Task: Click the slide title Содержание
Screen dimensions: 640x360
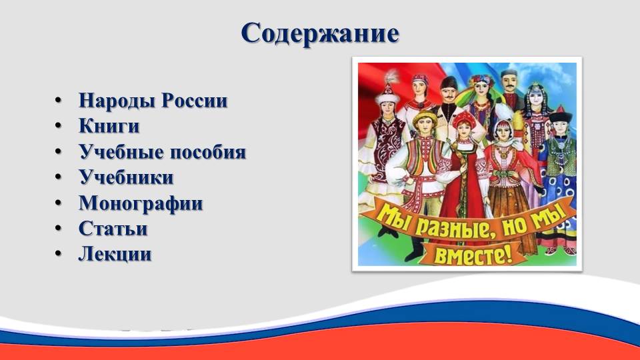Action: [320, 33]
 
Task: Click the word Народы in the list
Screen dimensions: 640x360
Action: [116, 101]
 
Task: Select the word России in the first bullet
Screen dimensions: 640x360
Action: [194, 101]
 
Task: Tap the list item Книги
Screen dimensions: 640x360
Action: [109, 126]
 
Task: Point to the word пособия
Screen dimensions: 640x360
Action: [208, 152]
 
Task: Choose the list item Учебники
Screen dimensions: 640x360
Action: [126, 177]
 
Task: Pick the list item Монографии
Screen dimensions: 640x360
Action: [141, 203]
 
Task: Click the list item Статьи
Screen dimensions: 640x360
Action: [113, 228]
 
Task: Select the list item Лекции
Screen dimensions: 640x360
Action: [115, 254]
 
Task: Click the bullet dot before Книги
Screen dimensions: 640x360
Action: [59, 126]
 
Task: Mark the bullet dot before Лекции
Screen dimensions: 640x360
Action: [59, 254]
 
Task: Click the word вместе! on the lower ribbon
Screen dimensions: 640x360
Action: [473, 255]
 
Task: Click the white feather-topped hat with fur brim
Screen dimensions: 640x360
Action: [388, 91]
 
